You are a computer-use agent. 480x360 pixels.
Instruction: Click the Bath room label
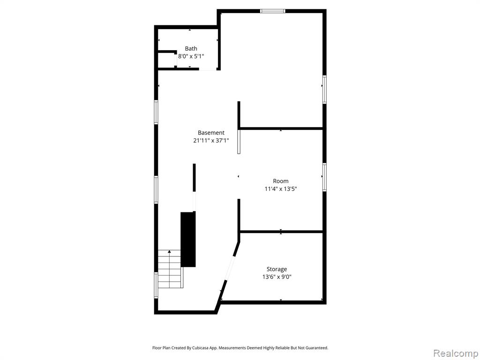tap(191, 48)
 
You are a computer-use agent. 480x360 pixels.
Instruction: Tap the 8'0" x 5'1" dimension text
tap(191, 56)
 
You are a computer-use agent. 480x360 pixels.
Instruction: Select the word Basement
tap(211, 133)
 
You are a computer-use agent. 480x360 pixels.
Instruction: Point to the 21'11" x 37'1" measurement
tap(211, 141)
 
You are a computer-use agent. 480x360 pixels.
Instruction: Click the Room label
tap(281, 181)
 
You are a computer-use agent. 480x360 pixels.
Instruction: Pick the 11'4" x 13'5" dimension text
tap(281, 189)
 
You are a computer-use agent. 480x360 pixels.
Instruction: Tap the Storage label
tap(277, 269)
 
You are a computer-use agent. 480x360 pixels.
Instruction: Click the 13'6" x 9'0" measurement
tap(277, 277)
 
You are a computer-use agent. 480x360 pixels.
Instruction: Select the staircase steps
tap(170, 269)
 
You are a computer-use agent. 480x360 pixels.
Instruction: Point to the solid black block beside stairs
tap(188, 240)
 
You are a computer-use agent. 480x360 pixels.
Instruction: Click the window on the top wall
tap(273, 11)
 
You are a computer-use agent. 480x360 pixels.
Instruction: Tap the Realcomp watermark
tap(456, 353)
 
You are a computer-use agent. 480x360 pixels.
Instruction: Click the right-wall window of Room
tap(324, 177)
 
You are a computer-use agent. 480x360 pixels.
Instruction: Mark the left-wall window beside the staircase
tap(156, 285)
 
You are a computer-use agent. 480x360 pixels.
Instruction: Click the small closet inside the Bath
tap(167, 60)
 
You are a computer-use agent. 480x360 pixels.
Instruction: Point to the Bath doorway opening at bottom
tap(208, 69)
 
